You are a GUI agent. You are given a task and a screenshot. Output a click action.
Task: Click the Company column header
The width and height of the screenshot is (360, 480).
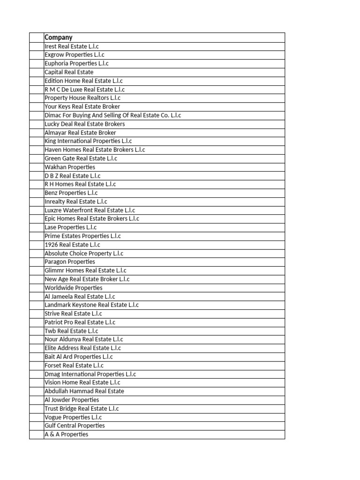(59, 37)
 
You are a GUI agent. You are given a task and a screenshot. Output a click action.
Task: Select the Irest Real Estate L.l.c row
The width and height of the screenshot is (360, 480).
(72, 46)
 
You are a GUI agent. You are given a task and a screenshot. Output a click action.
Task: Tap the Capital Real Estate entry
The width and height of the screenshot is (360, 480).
(69, 72)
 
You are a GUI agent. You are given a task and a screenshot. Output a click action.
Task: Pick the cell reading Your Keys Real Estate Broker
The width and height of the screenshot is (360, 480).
(82, 106)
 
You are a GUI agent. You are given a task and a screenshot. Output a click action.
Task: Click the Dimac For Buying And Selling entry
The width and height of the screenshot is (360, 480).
(112, 115)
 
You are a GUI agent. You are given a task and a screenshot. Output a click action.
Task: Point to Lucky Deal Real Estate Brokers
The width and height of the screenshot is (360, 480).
(84, 124)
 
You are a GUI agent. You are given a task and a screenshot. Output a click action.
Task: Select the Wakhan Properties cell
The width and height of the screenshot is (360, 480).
(70, 167)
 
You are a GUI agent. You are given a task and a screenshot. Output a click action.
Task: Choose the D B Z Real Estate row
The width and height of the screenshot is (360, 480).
(72, 176)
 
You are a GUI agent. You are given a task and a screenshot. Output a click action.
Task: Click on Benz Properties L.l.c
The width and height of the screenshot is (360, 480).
(71, 193)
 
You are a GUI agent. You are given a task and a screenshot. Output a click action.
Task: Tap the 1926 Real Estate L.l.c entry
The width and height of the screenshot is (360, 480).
(72, 245)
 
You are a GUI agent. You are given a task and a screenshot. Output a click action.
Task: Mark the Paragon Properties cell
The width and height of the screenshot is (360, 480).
(70, 262)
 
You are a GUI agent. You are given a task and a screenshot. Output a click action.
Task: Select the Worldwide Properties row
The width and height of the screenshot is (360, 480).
(73, 288)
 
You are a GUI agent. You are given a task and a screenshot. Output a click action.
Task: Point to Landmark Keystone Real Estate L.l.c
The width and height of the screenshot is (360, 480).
(91, 305)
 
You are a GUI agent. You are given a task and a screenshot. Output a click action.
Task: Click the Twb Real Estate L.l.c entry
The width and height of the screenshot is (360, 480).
(71, 331)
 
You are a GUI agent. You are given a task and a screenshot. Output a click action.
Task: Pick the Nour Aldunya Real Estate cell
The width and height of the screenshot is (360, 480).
(84, 339)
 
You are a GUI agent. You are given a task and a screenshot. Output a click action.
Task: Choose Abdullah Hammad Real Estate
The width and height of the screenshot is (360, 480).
(84, 391)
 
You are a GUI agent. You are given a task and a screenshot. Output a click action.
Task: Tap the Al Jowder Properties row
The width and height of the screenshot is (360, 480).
(72, 400)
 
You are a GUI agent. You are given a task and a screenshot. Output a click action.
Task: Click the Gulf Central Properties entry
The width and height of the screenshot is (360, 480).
(75, 426)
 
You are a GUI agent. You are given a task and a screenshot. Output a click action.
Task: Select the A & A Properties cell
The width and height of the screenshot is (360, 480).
(66, 434)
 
